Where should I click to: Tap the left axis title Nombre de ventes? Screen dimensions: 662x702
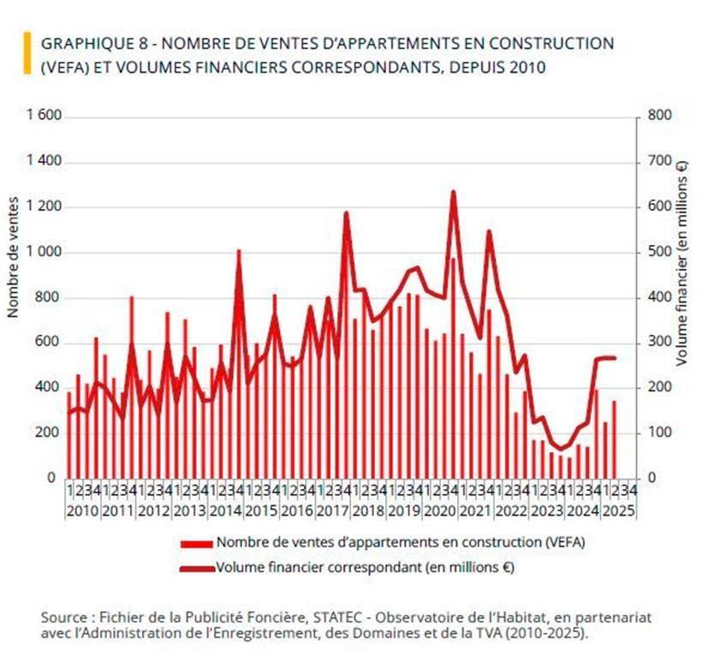click(x=13, y=257)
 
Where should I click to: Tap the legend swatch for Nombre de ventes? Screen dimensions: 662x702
click(x=197, y=543)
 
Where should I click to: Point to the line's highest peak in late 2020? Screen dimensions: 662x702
click(x=453, y=192)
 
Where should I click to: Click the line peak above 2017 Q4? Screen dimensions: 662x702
click(x=346, y=212)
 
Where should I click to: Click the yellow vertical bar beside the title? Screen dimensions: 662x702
click(x=27, y=53)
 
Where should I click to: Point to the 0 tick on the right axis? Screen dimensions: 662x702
click(x=651, y=478)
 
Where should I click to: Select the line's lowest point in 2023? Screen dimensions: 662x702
click(x=562, y=449)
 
